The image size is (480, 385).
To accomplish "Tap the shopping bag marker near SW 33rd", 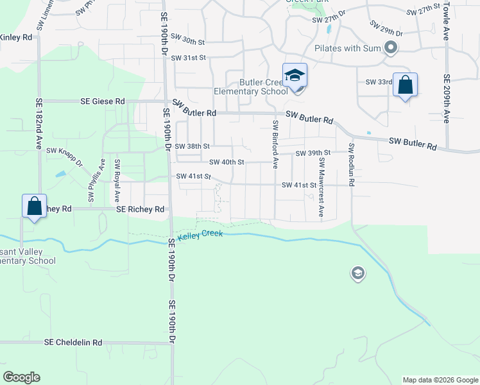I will [x=405, y=85].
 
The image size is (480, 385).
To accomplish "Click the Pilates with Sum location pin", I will [x=390, y=47].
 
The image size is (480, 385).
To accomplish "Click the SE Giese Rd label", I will [x=103, y=101].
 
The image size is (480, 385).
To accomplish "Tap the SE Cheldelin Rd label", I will [x=74, y=343].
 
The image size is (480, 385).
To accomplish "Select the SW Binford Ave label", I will [x=275, y=144].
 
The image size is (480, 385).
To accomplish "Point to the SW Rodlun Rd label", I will [x=352, y=164].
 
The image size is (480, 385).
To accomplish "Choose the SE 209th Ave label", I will [x=446, y=99].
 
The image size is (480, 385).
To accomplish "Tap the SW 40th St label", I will [x=227, y=162].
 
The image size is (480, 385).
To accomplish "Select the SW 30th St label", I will [x=187, y=42].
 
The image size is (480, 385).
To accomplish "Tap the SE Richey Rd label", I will [x=141, y=209].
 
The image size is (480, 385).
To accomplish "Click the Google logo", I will [x=21, y=377].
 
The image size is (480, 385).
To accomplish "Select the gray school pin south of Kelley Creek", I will [x=357, y=275].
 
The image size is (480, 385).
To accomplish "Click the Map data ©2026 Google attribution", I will [x=440, y=380].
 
